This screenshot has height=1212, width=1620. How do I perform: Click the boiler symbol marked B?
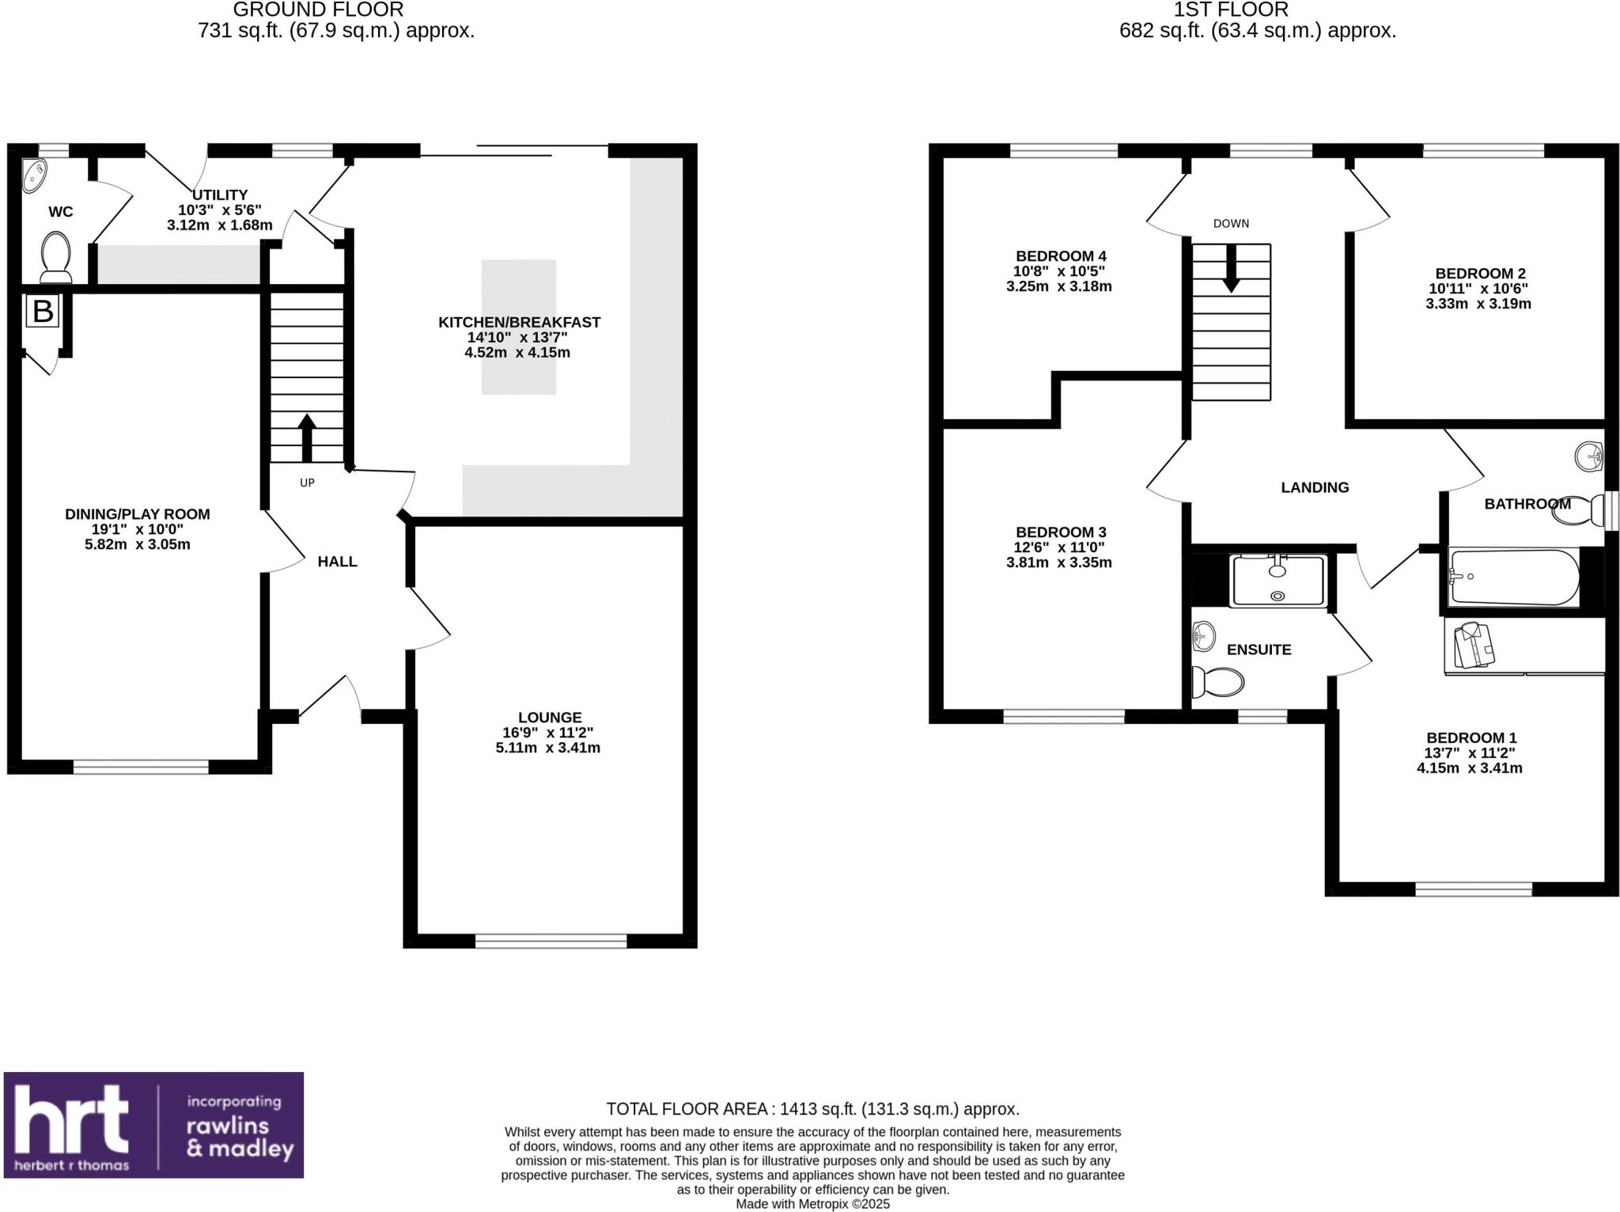tap(42, 311)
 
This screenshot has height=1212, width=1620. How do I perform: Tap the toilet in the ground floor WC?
tap(55, 256)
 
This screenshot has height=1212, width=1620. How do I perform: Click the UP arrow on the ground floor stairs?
tap(307, 437)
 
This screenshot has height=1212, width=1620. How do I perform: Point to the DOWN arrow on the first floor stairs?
tap(1231, 268)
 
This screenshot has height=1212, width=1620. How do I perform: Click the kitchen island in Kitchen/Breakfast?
tap(519, 327)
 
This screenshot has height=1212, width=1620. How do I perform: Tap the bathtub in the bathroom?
tap(1513, 578)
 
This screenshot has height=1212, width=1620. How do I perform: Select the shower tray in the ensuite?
tap(1278, 581)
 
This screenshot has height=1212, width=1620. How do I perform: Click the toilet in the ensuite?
tap(1218, 681)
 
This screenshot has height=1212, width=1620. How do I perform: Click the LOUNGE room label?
tap(550, 718)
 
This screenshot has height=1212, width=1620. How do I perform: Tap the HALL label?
tap(338, 562)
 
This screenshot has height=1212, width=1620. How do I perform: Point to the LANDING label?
tap(1315, 487)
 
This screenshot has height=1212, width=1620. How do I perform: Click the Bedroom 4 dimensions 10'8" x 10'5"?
tap(1059, 271)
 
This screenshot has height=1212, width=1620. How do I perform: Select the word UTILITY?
tap(220, 195)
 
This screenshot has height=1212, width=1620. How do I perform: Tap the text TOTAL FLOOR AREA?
tap(687, 1109)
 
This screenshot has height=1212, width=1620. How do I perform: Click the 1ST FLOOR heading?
tap(1231, 10)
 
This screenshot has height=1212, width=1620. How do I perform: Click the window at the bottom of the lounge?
tap(551, 941)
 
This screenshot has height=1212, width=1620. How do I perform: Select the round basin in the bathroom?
tap(1588, 456)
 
